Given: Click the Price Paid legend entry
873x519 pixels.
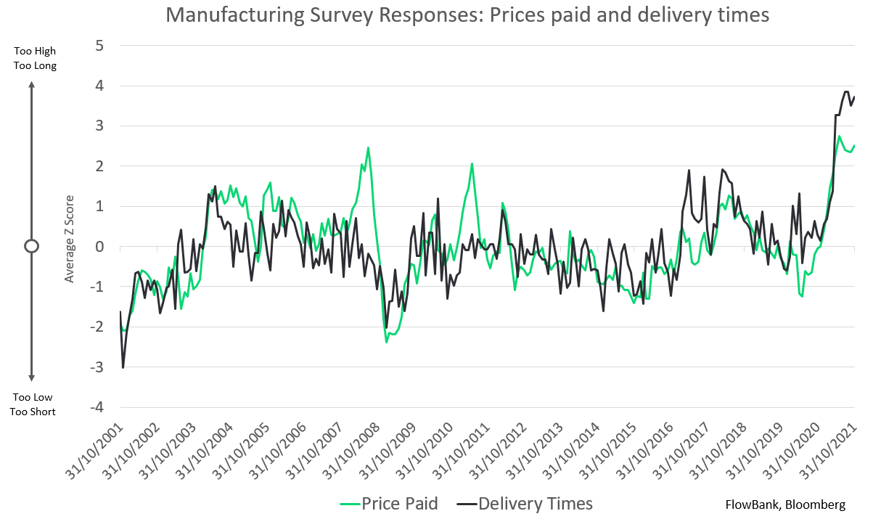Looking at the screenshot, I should tap(389, 504).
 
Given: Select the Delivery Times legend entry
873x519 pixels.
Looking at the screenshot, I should tap(525, 504).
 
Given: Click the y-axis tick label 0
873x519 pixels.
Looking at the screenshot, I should tap(100, 247).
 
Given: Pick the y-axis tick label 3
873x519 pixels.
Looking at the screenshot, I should tap(100, 126).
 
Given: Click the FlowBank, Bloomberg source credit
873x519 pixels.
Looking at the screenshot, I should tap(784, 504).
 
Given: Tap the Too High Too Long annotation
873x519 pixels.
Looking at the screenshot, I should tap(34, 58).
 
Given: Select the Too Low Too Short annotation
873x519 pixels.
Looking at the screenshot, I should tap(34, 404).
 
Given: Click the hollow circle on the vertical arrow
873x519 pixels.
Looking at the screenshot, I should tap(31, 246).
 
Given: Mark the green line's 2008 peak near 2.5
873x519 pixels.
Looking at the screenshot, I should tap(369, 148).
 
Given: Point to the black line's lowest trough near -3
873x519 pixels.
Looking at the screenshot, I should tap(123, 367).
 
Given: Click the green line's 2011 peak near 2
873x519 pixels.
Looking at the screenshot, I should tap(472, 164).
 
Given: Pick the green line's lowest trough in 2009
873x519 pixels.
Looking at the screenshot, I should tap(387, 341).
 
